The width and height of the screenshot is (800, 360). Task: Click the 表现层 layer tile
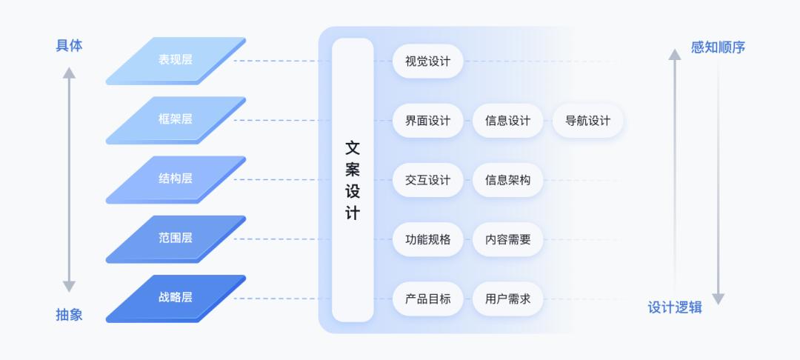click(x=176, y=59)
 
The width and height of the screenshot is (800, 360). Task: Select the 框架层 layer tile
click(x=176, y=119)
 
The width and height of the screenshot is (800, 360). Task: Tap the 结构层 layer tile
click(x=176, y=179)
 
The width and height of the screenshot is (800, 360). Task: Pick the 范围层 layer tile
click(x=176, y=238)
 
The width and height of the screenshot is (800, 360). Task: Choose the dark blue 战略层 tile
click(x=176, y=297)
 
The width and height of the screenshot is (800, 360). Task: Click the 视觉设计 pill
click(x=427, y=61)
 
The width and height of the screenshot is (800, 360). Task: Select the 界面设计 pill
click(x=427, y=121)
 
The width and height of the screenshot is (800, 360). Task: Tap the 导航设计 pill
click(x=587, y=121)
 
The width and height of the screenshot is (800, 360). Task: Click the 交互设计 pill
click(x=427, y=180)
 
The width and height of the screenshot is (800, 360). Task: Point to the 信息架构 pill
click(x=507, y=180)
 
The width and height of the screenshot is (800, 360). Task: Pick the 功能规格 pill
click(x=427, y=239)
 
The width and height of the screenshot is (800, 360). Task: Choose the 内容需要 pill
click(x=507, y=239)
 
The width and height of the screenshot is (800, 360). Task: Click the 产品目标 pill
click(x=427, y=299)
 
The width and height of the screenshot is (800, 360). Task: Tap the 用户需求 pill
click(x=507, y=299)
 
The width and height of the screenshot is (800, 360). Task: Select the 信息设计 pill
click(x=507, y=121)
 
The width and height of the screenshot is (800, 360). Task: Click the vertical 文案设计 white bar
click(x=353, y=180)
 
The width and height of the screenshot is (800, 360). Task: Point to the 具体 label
click(x=69, y=45)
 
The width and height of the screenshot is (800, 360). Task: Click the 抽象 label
click(x=69, y=315)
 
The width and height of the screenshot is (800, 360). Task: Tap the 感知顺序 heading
click(x=718, y=47)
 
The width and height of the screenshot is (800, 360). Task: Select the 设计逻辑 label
click(x=675, y=307)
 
